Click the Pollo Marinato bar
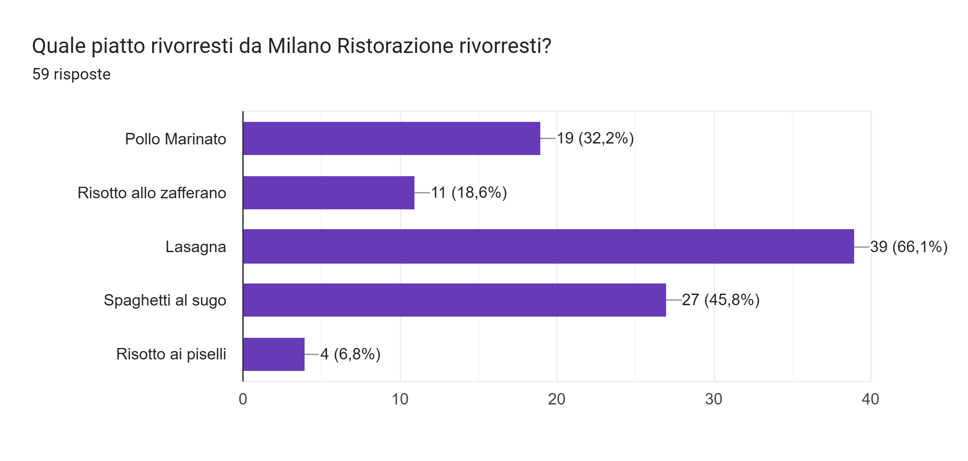pyautogui.click(x=392, y=138)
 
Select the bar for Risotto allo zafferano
pyautogui.click(x=329, y=193)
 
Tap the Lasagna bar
pyautogui.click(x=548, y=246)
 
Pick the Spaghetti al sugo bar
pyautogui.click(x=454, y=300)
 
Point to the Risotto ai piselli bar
pyautogui.click(x=274, y=354)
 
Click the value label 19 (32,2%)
pyautogui.click(x=595, y=138)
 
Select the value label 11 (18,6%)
pyautogui.click(x=469, y=193)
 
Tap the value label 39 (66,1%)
pyautogui.click(x=908, y=246)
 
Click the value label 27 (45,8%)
pyautogui.click(x=720, y=300)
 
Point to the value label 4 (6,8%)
pyautogui.click(x=350, y=354)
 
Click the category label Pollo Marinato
pyautogui.click(x=175, y=139)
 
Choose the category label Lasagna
pyautogui.click(x=196, y=247)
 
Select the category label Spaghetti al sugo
pyautogui.click(x=165, y=300)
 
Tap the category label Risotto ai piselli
pyautogui.click(x=171, y=354)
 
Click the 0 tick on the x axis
pyautogui.click(x=243, y=399)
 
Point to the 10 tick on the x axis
pyautogui.click(x=400, y=399)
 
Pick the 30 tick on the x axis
pyautogui.click(x=713, y=399)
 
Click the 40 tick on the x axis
pyautogui.click(x=870, y=399)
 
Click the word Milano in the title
pyautogui.click(x=299, y=46)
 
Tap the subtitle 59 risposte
pyautogui.click(x=72, y=74)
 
